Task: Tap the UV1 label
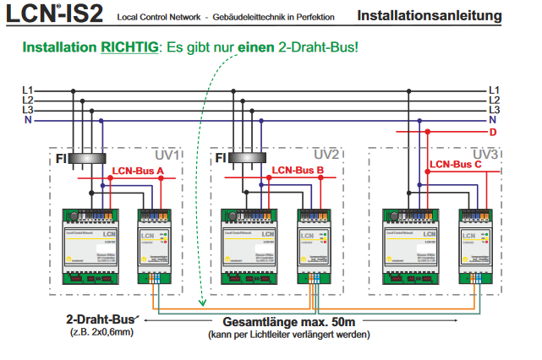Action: pos(167,155)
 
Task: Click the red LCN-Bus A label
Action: pos(138,171)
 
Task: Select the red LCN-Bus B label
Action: pos(298,171)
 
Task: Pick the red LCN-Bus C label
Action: pos(456,165)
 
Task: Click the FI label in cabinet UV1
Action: pos(61,157)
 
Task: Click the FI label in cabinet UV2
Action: pos(221,157)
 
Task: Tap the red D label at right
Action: pos(493,133)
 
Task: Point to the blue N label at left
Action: pos(28,121)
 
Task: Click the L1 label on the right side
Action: pos(495,90)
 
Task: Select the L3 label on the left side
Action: pos(28,111)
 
